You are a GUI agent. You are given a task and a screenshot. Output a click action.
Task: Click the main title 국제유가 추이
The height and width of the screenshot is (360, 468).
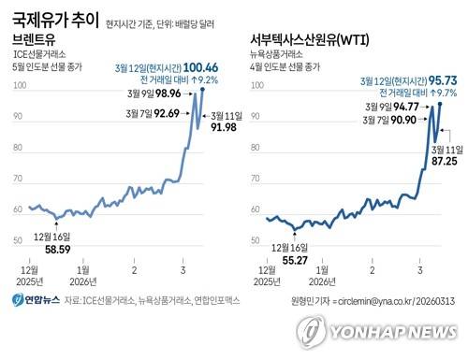(51, 17)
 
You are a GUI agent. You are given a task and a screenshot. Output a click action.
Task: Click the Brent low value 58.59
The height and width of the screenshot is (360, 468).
(47, 251)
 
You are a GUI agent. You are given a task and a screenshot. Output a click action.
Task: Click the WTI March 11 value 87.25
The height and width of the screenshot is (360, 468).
(444, 161)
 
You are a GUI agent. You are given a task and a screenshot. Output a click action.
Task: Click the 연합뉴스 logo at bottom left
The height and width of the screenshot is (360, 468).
(37, 300)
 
